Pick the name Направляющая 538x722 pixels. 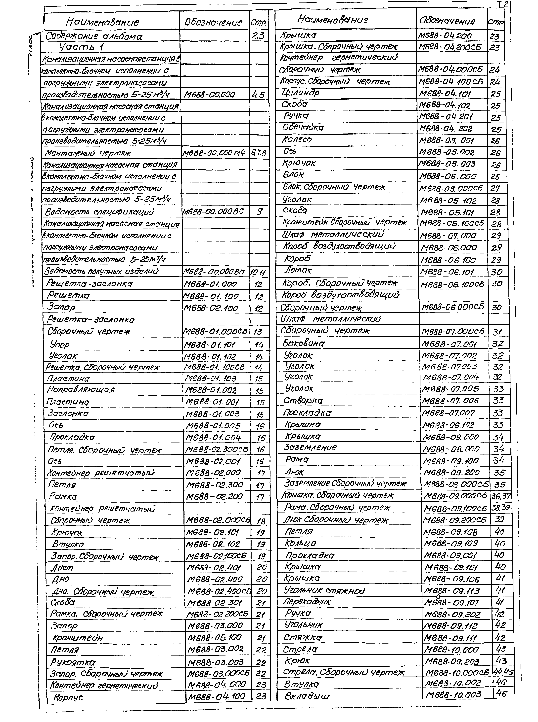pos(81,389)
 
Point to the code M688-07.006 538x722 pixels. pos(450,401)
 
